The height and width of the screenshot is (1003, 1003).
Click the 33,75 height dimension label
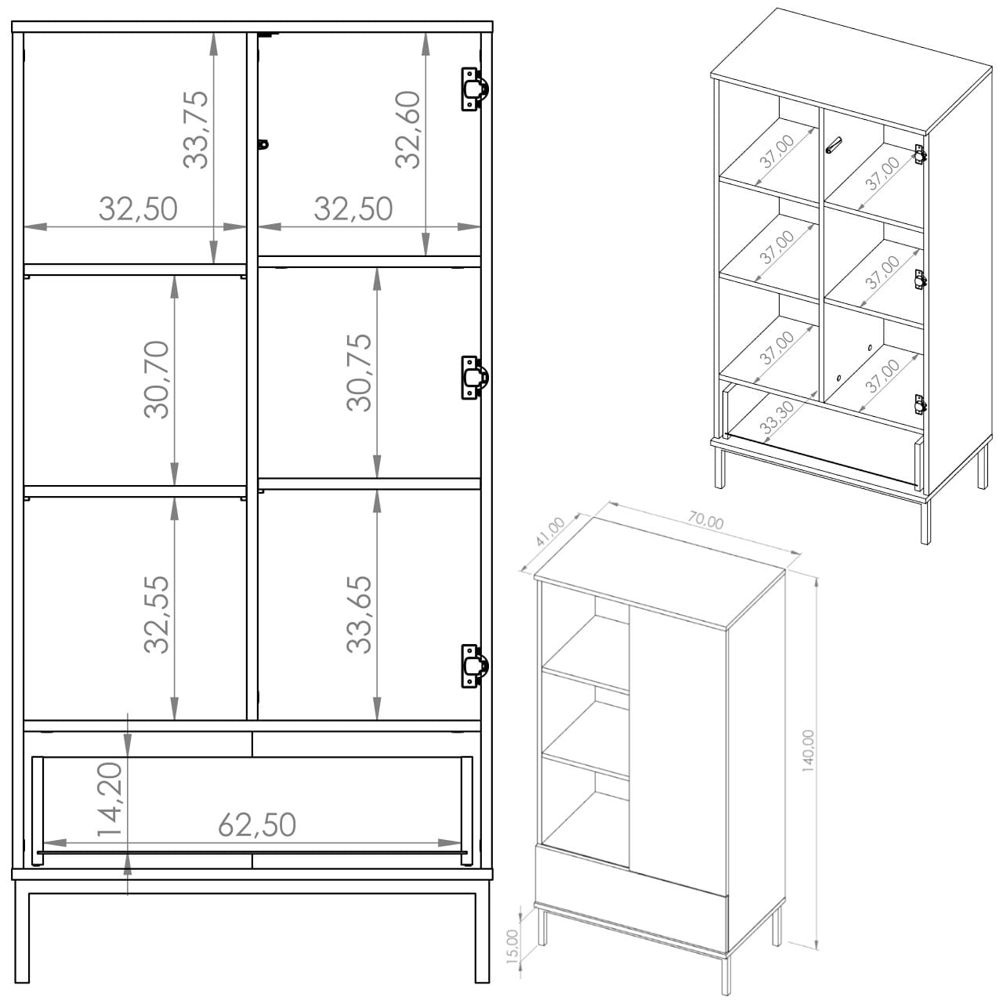[196, 129]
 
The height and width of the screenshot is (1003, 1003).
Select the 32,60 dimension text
[407, 129]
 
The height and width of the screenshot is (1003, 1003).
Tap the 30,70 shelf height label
[157, 380]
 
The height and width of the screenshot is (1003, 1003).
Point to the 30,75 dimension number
[359, 373]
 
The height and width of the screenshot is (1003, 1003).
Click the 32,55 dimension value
[157, 614]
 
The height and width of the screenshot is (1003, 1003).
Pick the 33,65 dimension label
[359, 614]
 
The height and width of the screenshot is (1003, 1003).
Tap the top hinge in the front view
[474, 89]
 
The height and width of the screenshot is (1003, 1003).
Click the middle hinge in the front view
[474, 378]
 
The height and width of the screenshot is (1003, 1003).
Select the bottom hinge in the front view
[474, 666]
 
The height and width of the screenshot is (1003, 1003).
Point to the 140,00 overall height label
[808, 751]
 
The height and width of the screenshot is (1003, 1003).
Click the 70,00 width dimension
[706, 520]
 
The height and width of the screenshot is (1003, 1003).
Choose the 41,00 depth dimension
[549, 532]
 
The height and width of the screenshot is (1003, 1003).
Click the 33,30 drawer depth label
[777, 416]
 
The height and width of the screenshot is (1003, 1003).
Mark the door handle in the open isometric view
[833, 145]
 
